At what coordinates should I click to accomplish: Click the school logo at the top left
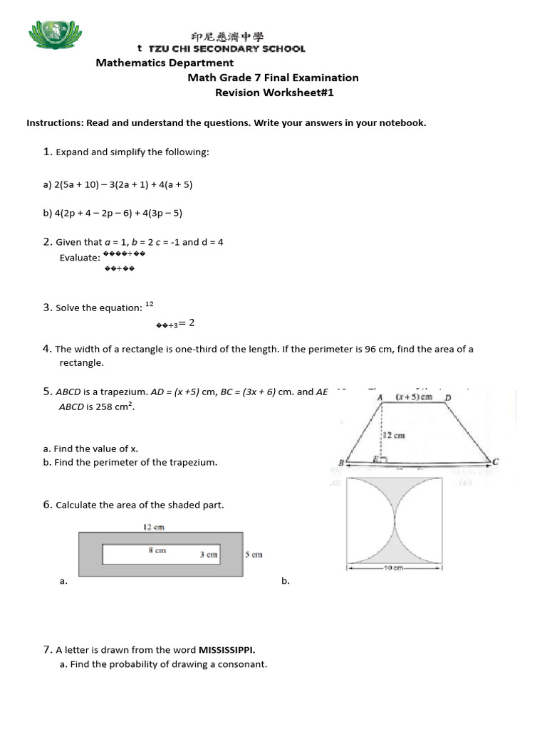52,36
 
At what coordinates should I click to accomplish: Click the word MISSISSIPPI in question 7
226,649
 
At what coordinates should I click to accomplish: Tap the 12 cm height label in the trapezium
395,435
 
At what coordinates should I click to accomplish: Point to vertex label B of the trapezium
341,463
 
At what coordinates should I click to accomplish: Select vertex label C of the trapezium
496,462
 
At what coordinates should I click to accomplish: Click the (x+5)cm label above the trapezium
415,397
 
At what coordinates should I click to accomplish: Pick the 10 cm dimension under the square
394,568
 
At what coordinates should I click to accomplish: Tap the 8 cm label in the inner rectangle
157,550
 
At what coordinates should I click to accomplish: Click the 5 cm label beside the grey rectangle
254,555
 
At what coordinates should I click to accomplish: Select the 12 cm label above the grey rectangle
155,528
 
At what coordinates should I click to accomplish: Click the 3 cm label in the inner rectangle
208,555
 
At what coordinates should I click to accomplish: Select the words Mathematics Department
165,63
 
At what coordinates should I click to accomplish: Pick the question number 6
47,505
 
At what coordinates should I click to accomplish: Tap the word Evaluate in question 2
79,258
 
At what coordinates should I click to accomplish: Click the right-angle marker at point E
384,461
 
